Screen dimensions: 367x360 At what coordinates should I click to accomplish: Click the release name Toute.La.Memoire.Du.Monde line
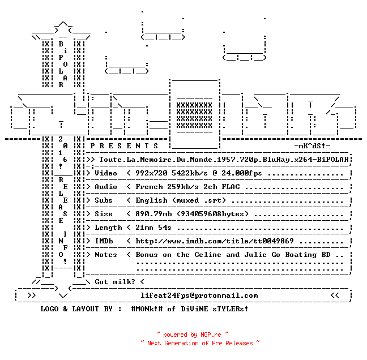point(224,160)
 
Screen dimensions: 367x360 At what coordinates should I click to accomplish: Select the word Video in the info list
point(106,173)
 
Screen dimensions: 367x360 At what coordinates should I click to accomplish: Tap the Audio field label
point(106,187)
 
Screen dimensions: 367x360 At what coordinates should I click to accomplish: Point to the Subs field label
point(104,200)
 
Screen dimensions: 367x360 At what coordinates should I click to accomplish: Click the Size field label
point(104,214)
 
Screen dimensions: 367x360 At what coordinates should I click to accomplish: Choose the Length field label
point(108,228)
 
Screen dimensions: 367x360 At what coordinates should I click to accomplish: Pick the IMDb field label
point(104,241)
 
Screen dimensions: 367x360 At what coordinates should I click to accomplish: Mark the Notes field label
point(106,255)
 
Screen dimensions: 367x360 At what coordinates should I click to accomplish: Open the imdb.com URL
point(215,241)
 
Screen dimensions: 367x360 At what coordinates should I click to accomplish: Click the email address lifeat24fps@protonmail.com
point(199,295)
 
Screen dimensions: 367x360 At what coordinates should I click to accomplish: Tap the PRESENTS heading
point(124,146)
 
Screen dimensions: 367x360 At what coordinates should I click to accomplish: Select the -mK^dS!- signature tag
point(312,146)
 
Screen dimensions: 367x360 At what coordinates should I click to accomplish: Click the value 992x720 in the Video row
point(151,173)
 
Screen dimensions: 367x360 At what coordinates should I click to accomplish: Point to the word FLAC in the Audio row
point(231,187)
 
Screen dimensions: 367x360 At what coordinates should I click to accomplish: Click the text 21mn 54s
point(153,228)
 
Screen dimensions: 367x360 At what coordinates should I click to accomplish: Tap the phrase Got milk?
point(115,282)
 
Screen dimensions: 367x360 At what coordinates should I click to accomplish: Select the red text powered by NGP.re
point(192,335)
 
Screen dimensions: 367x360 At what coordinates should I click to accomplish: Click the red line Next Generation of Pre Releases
point(200,343)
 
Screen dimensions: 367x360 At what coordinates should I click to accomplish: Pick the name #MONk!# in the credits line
point(147,309)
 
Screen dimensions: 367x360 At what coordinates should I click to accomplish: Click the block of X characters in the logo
point(194,115)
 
